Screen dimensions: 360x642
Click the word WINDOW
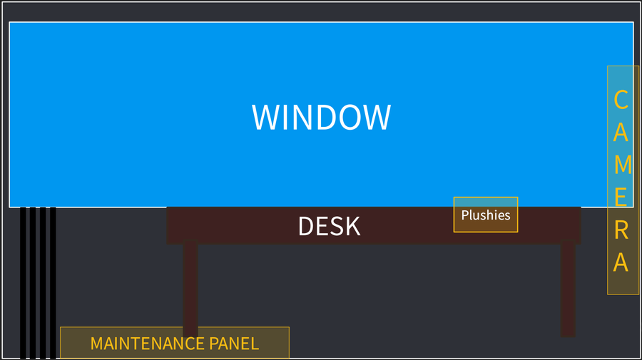click(x=321, y=118)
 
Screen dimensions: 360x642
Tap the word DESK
click(x=329, y=226)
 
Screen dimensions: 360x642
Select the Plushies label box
click(x=486, y=215)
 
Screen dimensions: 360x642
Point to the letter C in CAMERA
click(x=621, y=100)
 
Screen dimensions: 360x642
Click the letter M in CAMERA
click(x=622, y=164)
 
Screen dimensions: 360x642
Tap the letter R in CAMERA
click(x=621, y=230)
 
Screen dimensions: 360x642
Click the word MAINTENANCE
click(x=147, y=344)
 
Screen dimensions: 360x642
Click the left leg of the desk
click(x=190, y=289)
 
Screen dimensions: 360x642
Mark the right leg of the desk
click(x=568, y=289)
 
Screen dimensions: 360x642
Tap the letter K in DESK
click(x=352, y=226)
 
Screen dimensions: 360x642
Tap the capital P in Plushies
click(x=465, y=215)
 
